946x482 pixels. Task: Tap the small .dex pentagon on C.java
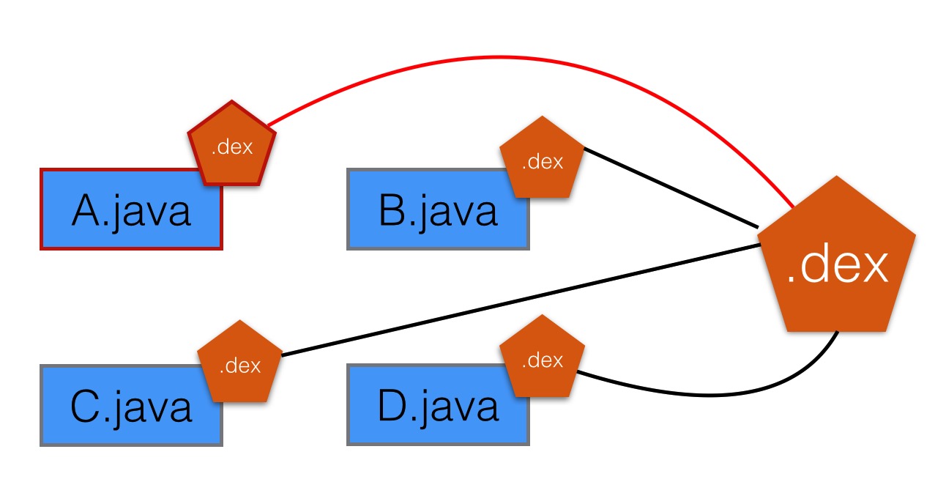click(240, 363)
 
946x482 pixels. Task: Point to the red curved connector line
click(513, 57)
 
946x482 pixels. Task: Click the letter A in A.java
click(86, 212)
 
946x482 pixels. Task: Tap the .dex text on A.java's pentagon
click(232, 147)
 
